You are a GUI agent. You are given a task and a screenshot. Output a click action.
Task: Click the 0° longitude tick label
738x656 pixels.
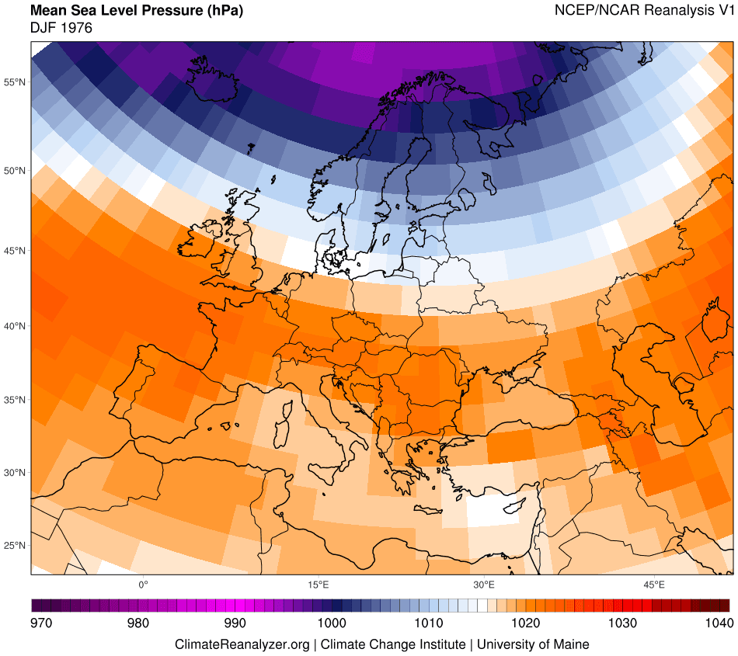point(143,584)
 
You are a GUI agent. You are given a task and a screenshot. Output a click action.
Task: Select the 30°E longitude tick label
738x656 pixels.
point(484,584)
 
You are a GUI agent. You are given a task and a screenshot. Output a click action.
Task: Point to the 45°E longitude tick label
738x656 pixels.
point(654,584)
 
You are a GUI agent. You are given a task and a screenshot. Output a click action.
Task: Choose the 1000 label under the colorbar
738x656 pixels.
point(332,623)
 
